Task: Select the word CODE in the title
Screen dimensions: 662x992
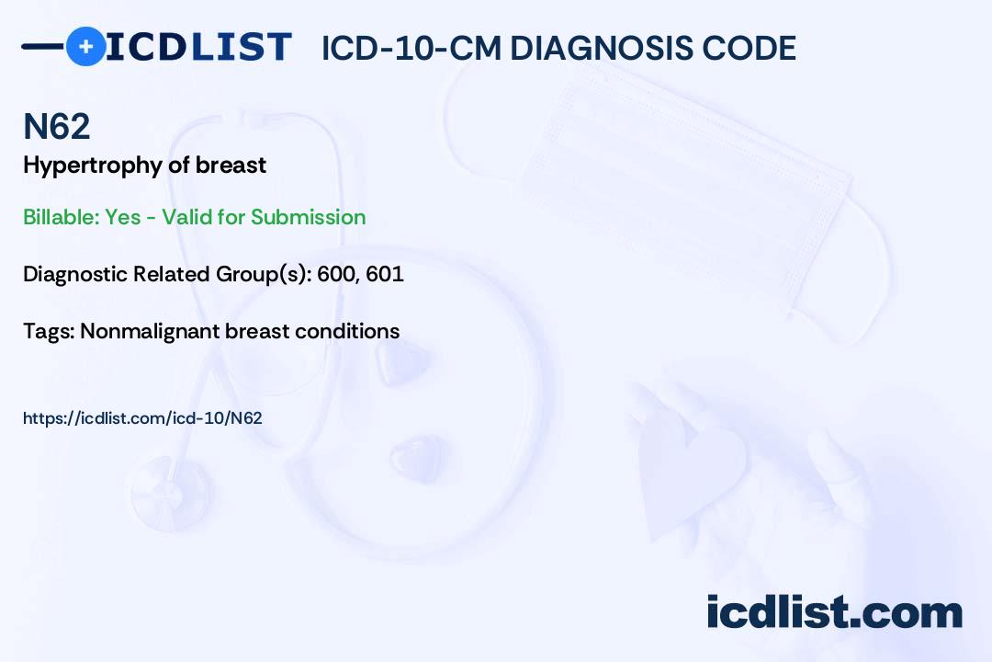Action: (x=754, y=48)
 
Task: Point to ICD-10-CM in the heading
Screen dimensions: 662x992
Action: (x=411, y=48)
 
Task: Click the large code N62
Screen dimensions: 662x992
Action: (x=56, y=127)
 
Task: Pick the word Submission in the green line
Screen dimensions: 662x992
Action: (x=308, y=217)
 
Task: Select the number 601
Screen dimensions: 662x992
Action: (x=384, y=274)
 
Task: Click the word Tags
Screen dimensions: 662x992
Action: (x=48, y=330)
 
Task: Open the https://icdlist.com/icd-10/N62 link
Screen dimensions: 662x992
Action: (x=142, y=417)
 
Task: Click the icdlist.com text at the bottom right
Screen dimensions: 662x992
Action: (x=834, y=611)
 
